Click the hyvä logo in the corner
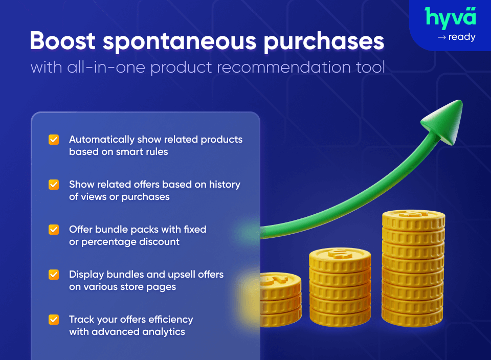tap(451, 17)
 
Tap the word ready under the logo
tap(461, 37)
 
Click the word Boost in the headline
tap(61, 41)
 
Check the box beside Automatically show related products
tap(54, 140)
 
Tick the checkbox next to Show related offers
tap(54, 185)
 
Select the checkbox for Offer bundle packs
tap(54, 230)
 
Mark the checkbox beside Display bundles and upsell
tap(54, 275)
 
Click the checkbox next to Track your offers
tap(54, 320)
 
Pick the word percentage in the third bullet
tap(104, 242)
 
